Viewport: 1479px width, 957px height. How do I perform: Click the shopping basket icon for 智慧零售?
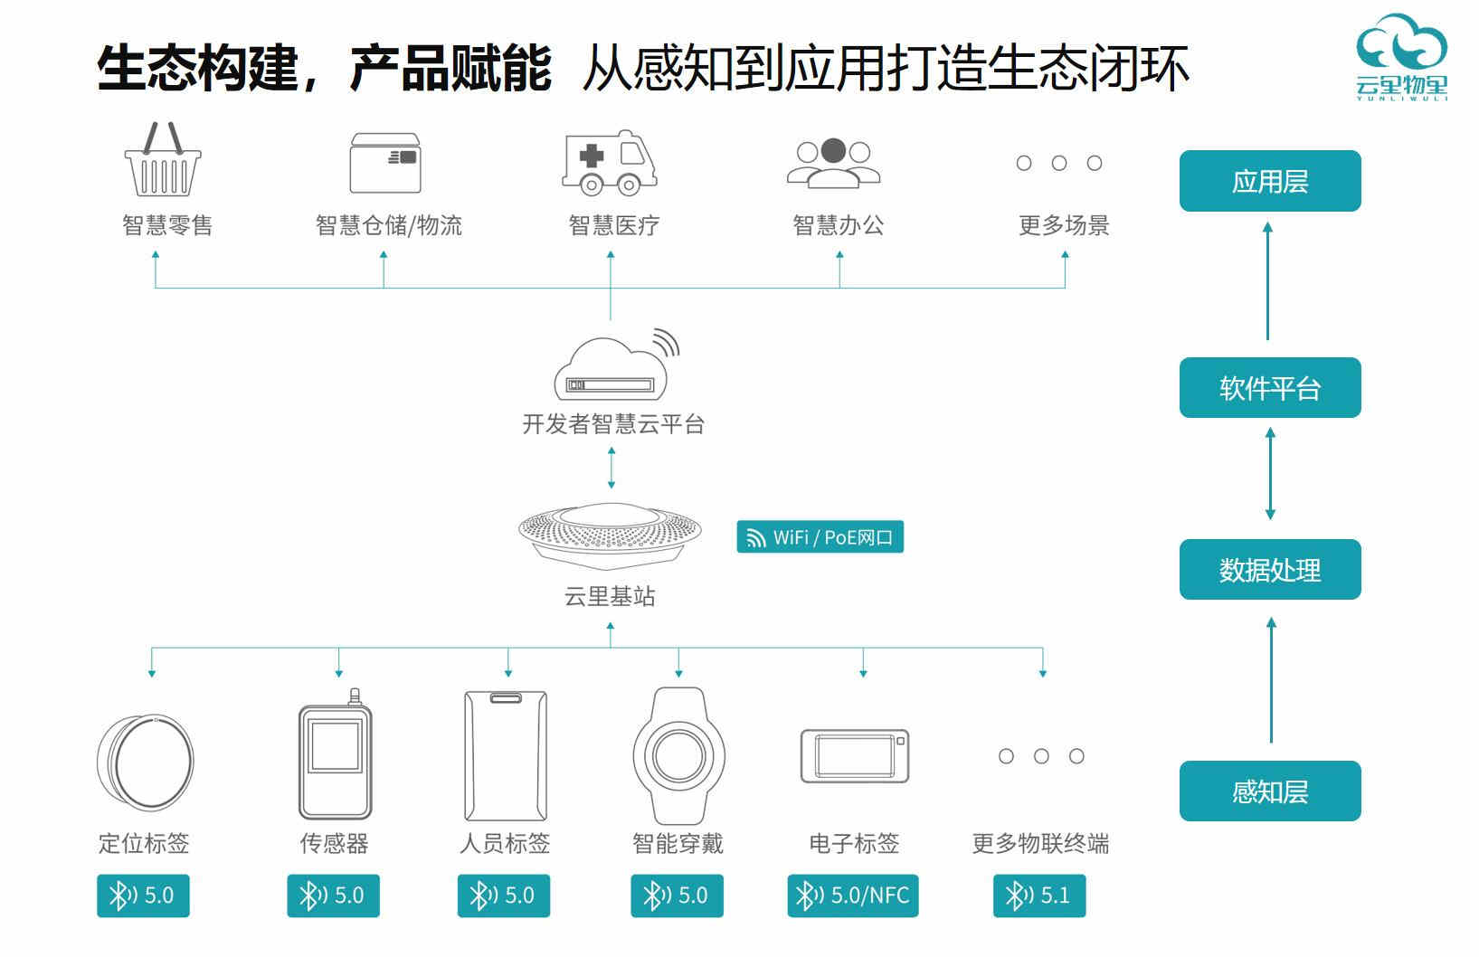[x=163, y=161]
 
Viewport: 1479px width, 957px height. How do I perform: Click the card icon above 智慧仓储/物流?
[x=385, y=163]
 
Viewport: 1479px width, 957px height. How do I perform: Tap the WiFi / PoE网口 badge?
[x=820, y=537]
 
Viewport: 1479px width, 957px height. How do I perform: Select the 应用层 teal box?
[x=1269, y=182]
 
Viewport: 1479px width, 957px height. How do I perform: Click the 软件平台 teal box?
[x=1269, y=388]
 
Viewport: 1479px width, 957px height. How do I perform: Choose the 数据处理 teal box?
[x=1269, y=570]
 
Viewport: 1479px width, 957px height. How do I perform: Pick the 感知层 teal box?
[x=1269, y=791]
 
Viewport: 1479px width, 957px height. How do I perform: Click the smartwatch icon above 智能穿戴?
[x=678, y=755]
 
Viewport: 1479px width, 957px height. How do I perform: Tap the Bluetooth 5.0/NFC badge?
[x=852, y=895]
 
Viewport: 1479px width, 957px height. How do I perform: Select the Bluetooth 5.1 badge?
[x=1038, y=895]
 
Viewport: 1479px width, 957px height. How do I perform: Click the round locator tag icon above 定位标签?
[x=145, y=761]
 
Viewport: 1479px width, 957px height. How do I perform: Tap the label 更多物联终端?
[x=1040, y=844]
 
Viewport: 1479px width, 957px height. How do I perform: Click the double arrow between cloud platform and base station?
[x=612, y=468]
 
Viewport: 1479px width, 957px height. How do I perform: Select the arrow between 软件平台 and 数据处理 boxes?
[x=1270, y=474]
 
